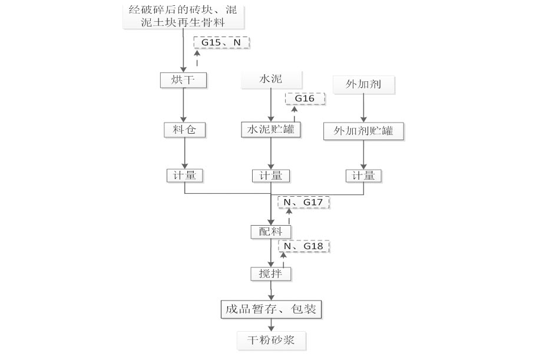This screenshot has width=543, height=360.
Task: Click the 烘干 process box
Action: point(184,80)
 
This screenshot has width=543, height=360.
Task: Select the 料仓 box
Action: point(184,130)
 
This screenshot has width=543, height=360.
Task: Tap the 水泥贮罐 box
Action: point(271,130)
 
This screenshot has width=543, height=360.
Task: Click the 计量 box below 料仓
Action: point(184,176)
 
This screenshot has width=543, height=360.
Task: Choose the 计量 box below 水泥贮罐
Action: point(271,176)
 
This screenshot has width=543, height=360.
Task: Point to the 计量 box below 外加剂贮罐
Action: point(363,176)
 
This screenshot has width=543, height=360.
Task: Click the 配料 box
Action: point(271,232)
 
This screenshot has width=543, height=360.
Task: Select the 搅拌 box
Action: point(271,273)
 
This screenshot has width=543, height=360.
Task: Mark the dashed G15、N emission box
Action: point(221,42)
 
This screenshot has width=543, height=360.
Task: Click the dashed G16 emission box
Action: point(305,98)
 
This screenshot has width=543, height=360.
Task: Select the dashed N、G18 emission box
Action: point(304,246)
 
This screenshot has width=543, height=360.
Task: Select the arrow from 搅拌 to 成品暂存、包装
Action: point(271,290)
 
